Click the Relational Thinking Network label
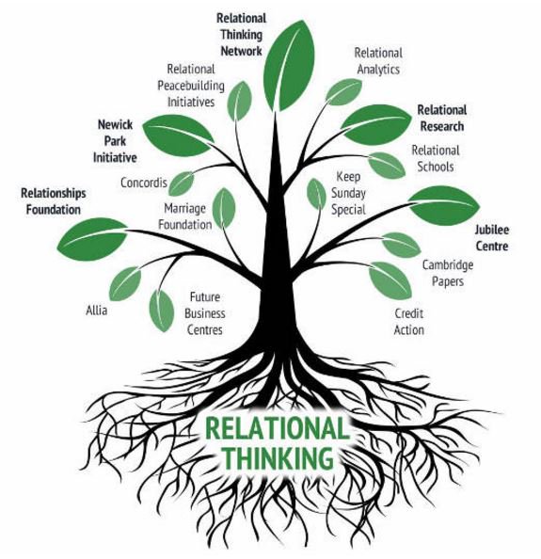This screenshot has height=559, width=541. point(241,35)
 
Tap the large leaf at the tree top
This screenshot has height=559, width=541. point(289,65)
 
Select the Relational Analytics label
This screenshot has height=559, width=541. point(378,61)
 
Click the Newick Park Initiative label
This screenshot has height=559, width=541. point(115,141)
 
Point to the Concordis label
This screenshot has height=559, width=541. point(144,183)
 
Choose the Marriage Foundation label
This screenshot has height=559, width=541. point(185,216)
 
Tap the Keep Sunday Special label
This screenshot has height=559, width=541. point(348,193)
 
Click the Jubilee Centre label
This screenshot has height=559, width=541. point(492,238)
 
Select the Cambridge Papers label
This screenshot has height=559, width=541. point(448,273)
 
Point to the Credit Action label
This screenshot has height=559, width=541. point(408,322)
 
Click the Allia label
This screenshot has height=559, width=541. point(96,311)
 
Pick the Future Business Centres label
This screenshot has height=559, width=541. point(204,313)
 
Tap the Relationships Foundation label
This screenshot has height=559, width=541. point(53,201)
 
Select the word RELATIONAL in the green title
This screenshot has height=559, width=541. point(277,428)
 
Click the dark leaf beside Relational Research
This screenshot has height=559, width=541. point(376,123)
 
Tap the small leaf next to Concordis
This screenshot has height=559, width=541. point(181,184)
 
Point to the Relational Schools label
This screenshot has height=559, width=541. point(436,159)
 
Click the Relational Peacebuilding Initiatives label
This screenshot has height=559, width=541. point(191,86)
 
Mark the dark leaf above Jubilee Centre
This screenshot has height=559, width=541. point(444,206)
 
